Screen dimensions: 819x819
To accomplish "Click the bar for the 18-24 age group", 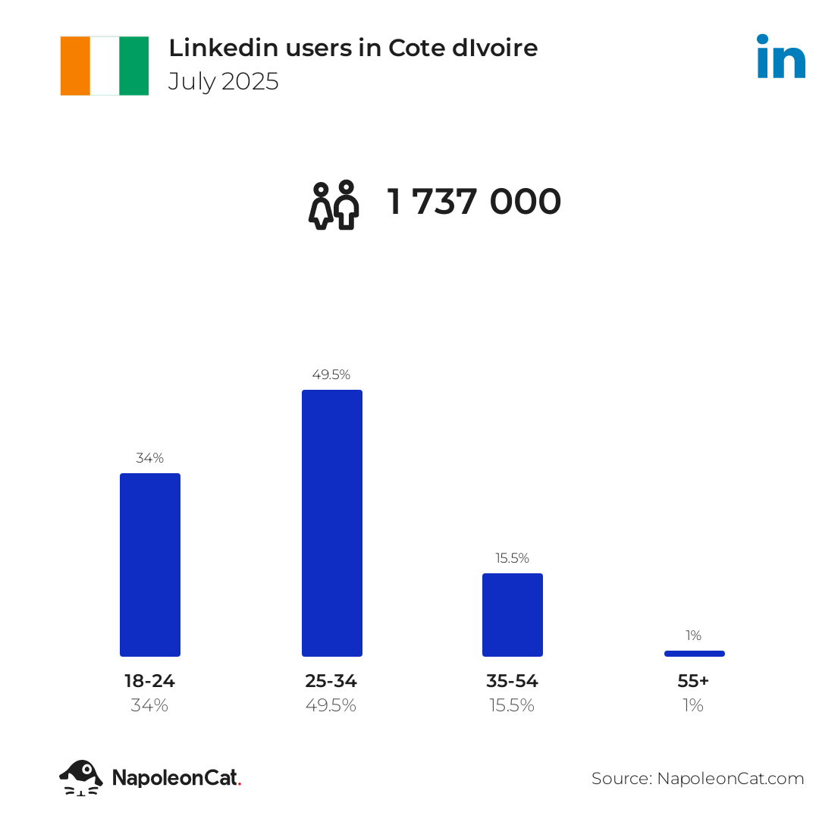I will (x=150, y=565).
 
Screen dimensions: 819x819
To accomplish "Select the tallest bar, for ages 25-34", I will (x=332, y=523).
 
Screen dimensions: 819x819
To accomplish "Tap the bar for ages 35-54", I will (x=513, y=615).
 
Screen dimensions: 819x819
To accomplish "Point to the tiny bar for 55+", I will (x=694, y=654).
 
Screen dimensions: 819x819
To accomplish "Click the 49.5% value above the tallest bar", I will (x=331, y=375).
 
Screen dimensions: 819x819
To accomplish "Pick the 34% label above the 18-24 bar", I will (x=150, y=458).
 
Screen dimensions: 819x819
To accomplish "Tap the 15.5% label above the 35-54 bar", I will (x=513, y=558).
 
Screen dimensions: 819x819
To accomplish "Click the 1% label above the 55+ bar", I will (x=694, y=635).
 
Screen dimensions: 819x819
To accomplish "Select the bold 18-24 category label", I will (x=149, y=681).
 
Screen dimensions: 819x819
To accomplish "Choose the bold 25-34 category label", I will (x=331, y=681).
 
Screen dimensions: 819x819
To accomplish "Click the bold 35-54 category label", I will (x=513, y=681).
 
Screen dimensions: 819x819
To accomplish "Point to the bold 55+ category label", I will (x=693, y=681).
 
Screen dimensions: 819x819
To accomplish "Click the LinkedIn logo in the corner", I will (x=781, y=57).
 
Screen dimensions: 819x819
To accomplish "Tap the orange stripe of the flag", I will (x=75, y=66).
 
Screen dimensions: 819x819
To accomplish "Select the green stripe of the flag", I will (x=134, y=66).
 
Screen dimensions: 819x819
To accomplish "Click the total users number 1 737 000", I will (x=475, y=202).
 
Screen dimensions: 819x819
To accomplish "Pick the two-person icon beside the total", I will (x=334, y=205).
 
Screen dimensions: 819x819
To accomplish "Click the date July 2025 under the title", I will (x=224, y=82).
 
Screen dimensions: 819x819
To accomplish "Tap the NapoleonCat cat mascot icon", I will (x=81, y=777).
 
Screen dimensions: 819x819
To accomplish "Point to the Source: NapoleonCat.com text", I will (x=698, y=779).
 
